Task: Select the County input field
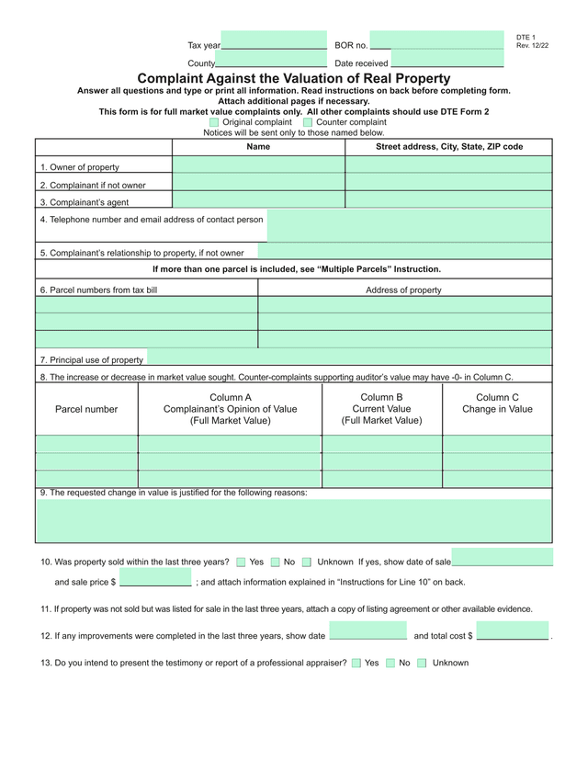pyautogui.click(x=271, y=60)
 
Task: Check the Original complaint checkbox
pyautogui.click(x=214, y=122)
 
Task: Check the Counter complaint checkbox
pyautogui.click(x=308, y=122)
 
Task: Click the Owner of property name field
pyautogui.click(x=258, y=165)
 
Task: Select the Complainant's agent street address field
pyautogui.click(x=448, y=200)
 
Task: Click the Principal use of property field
pyautogui.click(x=349, y=358)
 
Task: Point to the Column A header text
pyautogui.click(x=230, y=409)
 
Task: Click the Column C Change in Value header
pyautogui.click(x=497, y=403)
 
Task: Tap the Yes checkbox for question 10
pyautogui.click(x=241, y=562)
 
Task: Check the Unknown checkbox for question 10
pyautogui.click(x=307, y=562)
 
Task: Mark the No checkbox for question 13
pyautogui.click(x=390, y=663)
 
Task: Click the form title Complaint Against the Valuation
pyautogui.click(x=294, y=79)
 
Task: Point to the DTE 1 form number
pyautogui.click(x=526, y=38)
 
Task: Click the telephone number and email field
pyautogui.click(x=410, y=225)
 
